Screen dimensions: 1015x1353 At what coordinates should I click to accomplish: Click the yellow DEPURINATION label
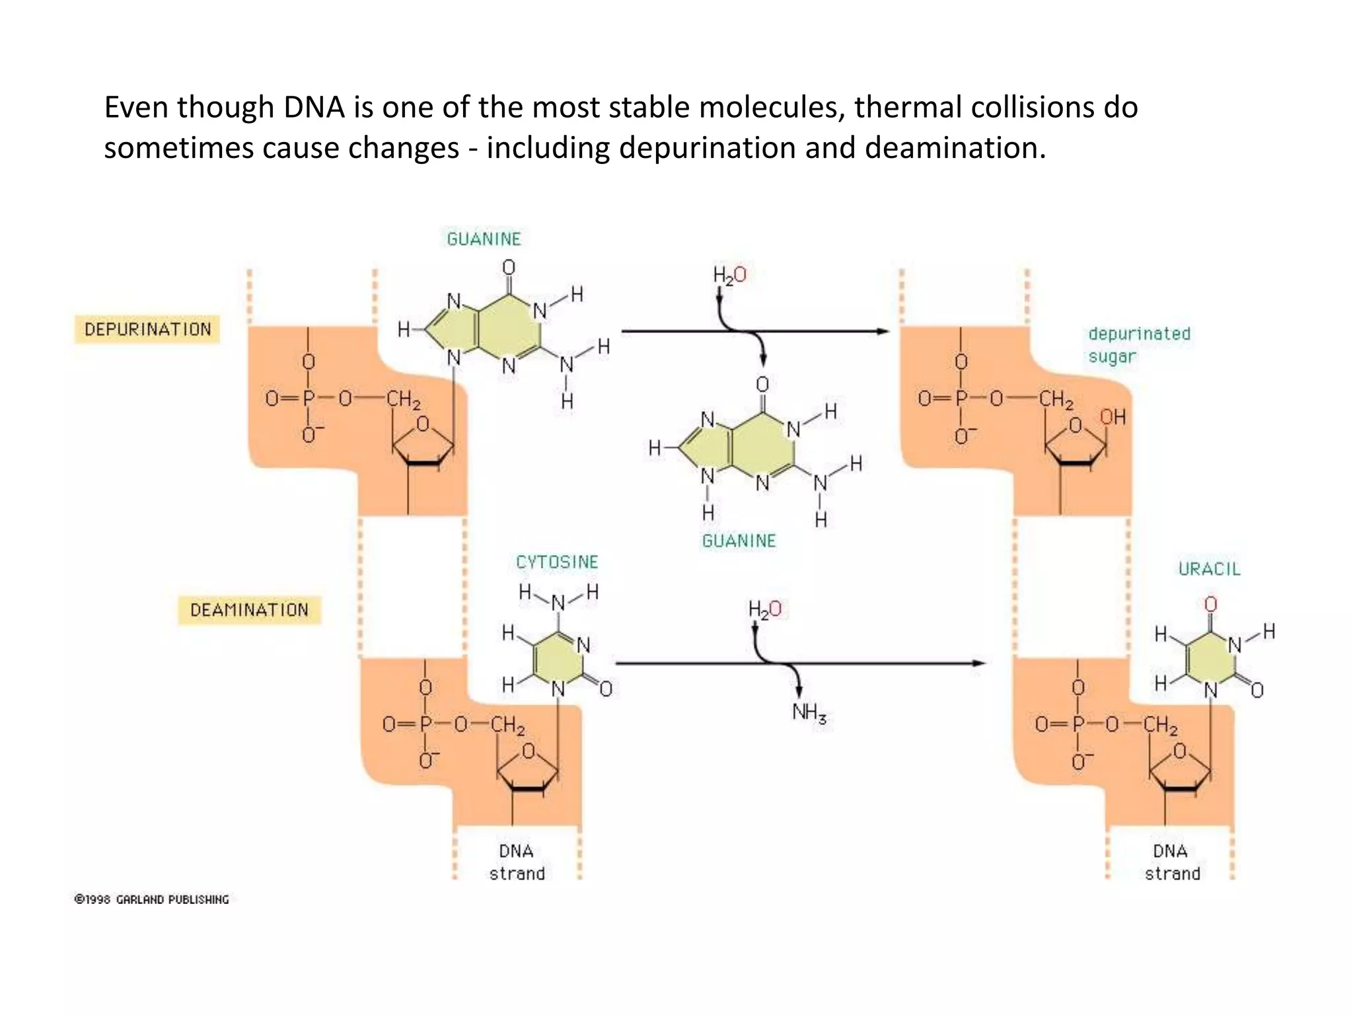point(147,329)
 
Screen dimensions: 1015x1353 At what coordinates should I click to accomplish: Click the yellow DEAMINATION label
point(249,609)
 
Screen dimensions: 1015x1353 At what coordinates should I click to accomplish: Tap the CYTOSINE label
point(556,562)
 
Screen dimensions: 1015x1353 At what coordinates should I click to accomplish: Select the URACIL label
point(1209,569)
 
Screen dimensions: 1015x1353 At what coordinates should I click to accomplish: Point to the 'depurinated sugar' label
point(1138,345)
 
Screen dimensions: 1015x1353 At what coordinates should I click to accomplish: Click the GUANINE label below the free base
point(739,541)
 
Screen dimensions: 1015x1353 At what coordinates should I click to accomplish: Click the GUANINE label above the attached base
point(484,239)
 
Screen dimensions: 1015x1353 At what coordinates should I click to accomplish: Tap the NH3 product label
point(809,712)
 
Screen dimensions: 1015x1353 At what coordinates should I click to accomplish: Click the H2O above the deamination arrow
point(764,609)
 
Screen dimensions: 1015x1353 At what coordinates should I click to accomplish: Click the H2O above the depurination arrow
point(729,275)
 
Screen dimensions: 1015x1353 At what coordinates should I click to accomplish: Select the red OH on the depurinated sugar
point(1113,417)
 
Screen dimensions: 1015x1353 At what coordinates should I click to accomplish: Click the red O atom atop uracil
point(1210,604)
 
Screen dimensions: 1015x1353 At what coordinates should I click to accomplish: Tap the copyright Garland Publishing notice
point(152,899)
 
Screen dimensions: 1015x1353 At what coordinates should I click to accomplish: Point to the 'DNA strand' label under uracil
point(1171,862)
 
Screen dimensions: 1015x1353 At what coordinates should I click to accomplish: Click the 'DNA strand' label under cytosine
point(517,862)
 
